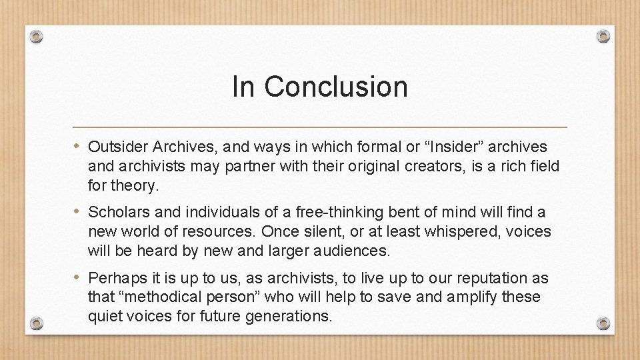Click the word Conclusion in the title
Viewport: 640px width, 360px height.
335,87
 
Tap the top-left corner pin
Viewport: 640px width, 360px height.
37,36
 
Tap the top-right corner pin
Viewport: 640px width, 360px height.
603,36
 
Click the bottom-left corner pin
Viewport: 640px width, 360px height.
37,323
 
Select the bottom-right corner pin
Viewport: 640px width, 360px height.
603,323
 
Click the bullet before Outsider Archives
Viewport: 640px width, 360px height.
79,146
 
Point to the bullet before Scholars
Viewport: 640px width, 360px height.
79,212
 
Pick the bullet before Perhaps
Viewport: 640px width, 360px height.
79,277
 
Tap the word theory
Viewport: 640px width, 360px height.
137,186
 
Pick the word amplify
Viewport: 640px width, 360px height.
471,297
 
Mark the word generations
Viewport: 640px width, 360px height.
291,316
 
